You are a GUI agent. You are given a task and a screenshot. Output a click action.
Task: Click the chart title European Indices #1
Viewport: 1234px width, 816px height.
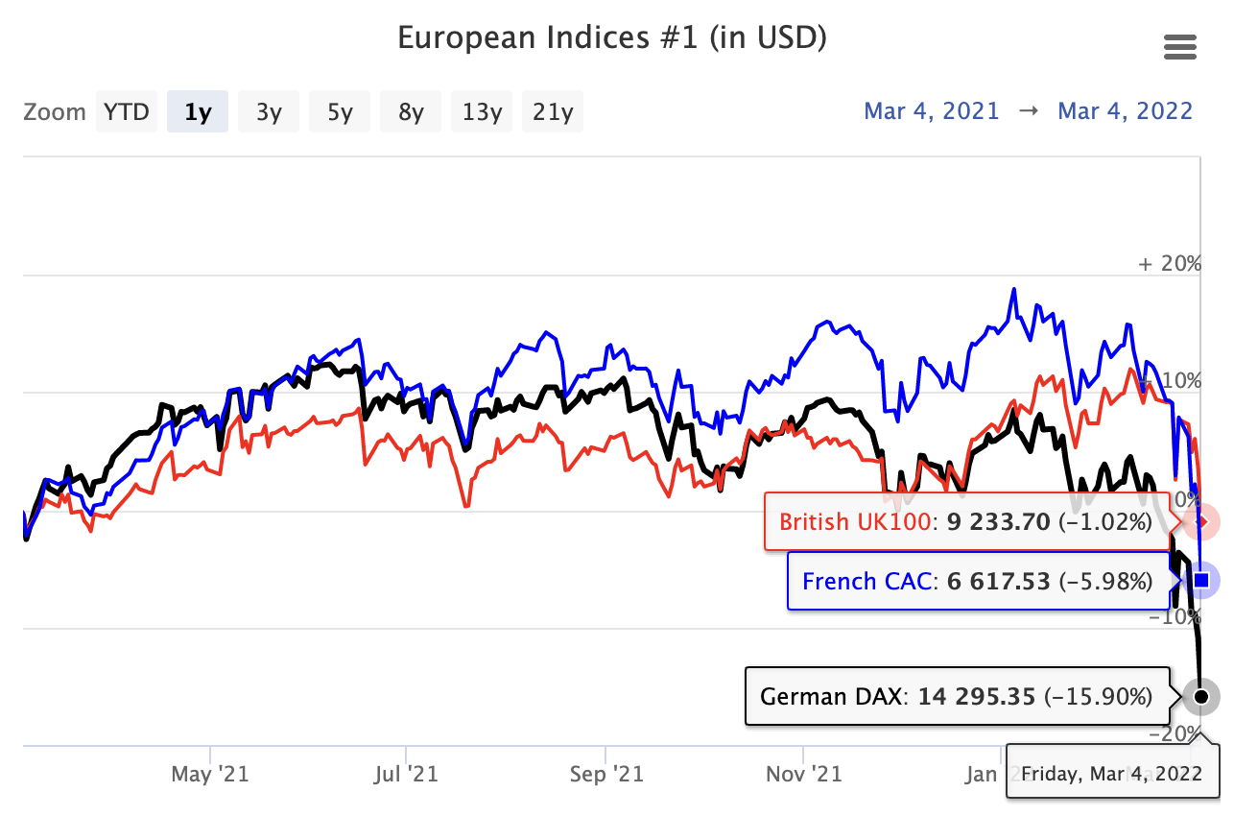click(x=611, y=37)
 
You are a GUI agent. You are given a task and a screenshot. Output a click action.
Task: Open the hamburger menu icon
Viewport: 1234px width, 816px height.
click(x=1179, y=46)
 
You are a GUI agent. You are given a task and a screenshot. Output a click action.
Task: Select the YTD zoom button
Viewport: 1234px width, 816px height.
click(x=127, y=111)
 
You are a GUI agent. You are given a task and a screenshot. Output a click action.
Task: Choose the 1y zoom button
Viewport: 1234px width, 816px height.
click(x=198, y=111)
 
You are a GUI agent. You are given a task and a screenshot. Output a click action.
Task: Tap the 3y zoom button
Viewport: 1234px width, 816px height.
click(x=269, y=111)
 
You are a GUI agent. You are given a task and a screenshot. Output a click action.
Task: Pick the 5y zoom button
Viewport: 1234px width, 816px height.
click(x=340, y=111)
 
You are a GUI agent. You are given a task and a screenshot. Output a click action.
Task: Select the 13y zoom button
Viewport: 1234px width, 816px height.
click(x=482, y=111)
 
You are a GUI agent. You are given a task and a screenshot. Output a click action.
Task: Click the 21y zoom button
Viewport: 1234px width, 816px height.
click(x=553, y=111)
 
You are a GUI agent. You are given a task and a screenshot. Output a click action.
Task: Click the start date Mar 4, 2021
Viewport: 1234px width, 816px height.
click(x=932, y=110)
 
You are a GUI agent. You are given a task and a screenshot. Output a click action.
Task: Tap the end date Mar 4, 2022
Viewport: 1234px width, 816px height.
click(x=1125, y=110)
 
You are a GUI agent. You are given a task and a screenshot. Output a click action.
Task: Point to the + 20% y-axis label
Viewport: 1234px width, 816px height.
click(x=1170, y=263)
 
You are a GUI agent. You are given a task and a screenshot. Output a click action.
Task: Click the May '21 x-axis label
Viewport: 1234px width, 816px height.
click(x=210, y=773)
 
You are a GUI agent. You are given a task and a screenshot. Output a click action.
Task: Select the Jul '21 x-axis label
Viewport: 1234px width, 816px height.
click(x=408, y=773)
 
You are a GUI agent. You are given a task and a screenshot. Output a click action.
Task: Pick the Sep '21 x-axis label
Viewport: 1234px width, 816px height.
click(x=605, y=773)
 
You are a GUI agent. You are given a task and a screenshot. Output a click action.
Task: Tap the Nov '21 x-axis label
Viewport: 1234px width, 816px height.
click(x=803, y=773)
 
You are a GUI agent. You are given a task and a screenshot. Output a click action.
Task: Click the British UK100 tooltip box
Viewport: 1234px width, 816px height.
click(x=965, y=522)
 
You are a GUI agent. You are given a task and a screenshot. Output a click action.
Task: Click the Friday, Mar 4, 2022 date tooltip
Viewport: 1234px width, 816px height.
click(x=1111, y=773)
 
